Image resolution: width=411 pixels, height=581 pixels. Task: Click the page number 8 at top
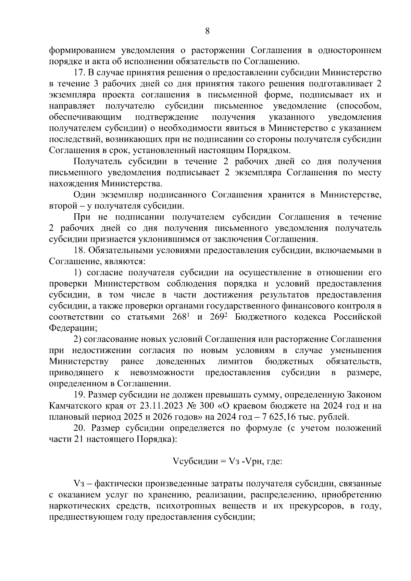207,31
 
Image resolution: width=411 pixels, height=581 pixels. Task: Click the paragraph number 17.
79,73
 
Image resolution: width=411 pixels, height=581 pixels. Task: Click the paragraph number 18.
79,251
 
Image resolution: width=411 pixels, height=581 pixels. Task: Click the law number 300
208,406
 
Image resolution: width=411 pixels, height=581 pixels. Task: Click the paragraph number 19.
79,395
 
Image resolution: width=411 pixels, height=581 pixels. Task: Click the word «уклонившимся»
161,239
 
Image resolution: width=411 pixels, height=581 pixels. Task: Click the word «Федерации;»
73,328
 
